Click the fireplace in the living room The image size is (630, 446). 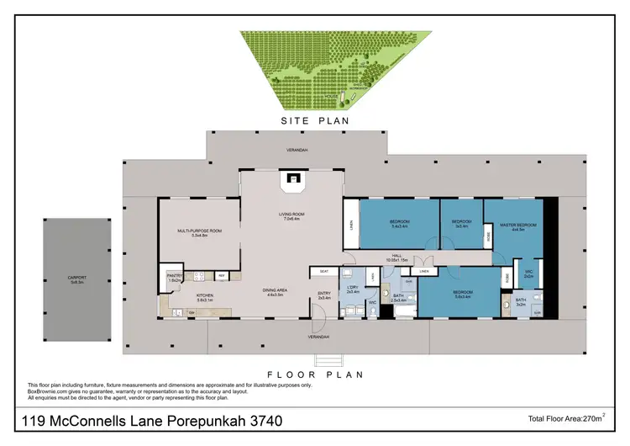pos(291,178)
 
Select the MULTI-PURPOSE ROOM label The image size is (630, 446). pos(198,232)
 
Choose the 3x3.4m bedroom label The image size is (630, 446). pos(461,224)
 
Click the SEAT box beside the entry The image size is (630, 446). pos(324,271)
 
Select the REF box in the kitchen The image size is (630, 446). pos(221,275)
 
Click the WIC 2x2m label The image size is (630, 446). pos(528,273)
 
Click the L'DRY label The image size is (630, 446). pos(353,290)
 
